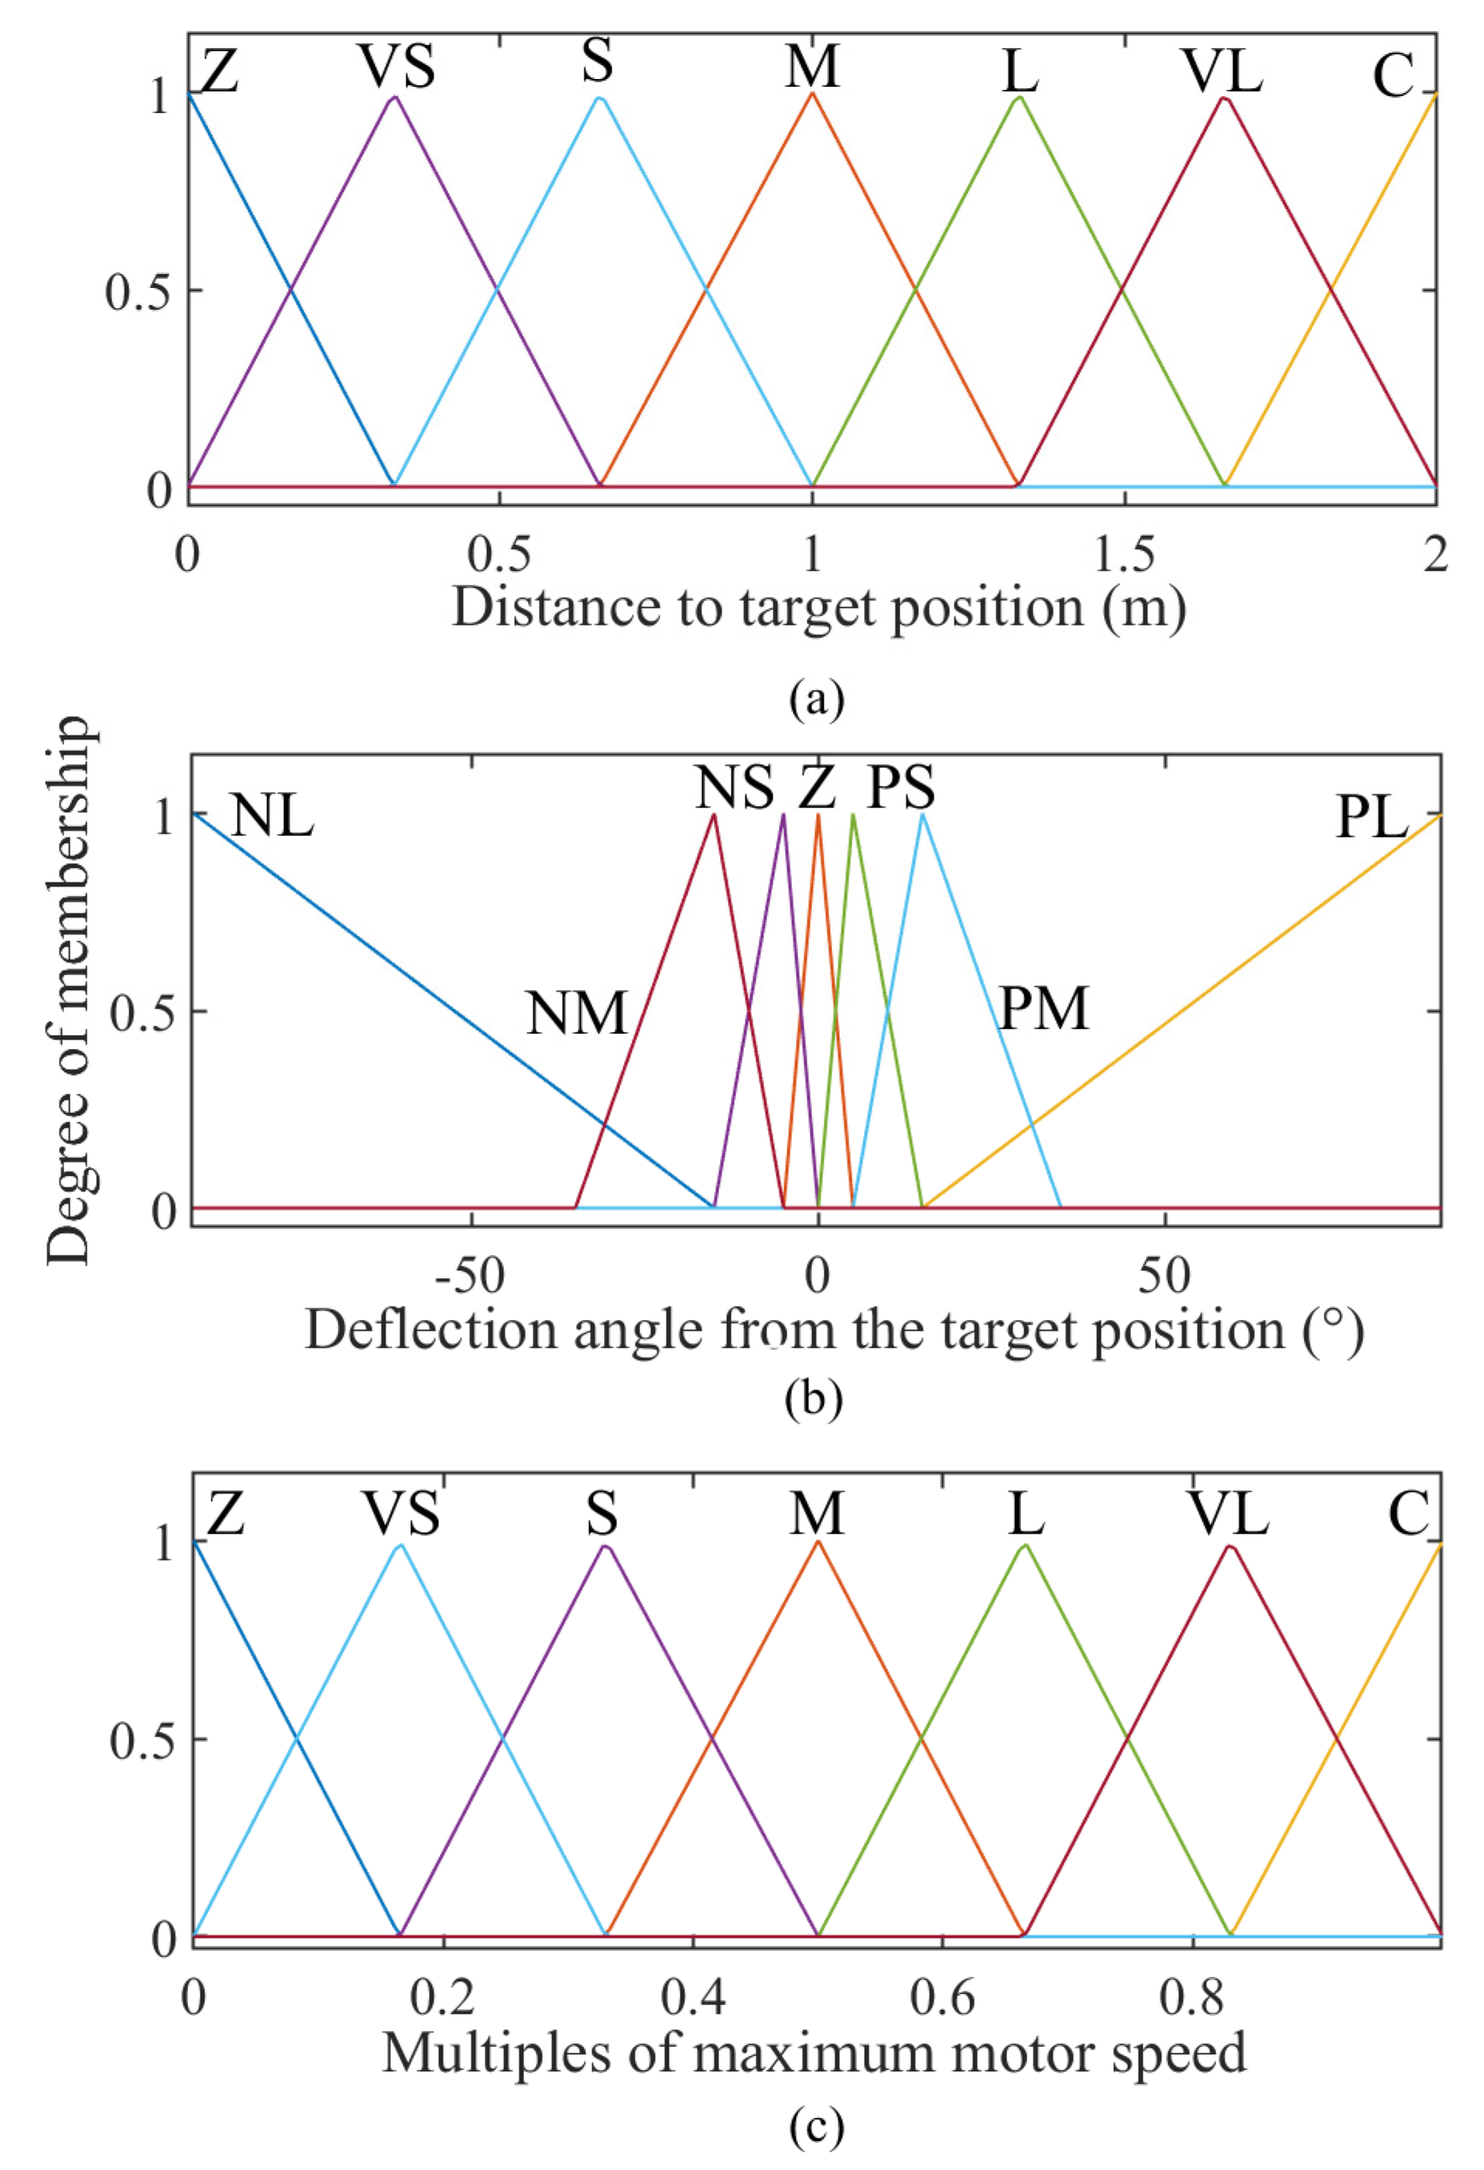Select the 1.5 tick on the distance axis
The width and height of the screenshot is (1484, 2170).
[x=1125, y=556]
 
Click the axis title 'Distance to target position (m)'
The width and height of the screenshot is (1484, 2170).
[x=819, y=608]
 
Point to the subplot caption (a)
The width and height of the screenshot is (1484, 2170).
[x=816, y=698]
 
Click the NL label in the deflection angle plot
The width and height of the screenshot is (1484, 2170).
[x=272, y=817]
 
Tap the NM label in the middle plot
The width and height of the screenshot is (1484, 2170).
[x=576, y=1013]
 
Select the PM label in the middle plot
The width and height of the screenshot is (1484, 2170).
[x=1044, y=1009]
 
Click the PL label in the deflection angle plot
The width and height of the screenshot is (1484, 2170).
[x=1371, y=819]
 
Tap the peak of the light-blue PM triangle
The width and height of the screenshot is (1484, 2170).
[x=923, y=814]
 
